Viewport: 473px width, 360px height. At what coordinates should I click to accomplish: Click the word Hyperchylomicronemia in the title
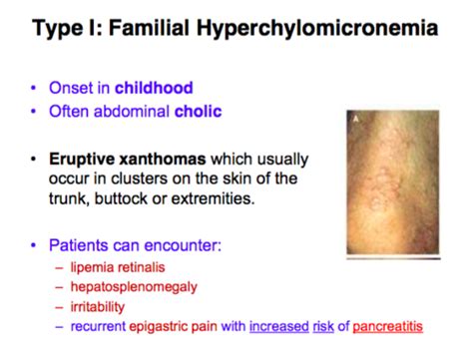(x=317, y=29)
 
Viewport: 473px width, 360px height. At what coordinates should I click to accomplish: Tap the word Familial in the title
(x=149, y=27)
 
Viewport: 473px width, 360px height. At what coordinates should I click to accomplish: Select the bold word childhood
(x=154, y=88)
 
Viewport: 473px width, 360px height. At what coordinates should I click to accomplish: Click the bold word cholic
(x=199, y=111)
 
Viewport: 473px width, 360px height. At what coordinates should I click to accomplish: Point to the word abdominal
(x=132, y=111)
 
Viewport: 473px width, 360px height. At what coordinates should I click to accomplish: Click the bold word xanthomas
(x=163, y=159)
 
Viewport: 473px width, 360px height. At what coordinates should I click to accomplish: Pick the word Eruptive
(x=82, y=160)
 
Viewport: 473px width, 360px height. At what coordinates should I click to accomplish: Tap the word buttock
(x=121, y=198)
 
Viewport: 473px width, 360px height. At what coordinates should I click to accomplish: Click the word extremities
(x=213, y=198)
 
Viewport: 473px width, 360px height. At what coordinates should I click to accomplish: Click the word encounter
(x=183, y=245)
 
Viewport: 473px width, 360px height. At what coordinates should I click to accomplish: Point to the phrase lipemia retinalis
(x=118, y=267)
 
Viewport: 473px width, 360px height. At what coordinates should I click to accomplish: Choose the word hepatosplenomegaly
(x=134, y=287)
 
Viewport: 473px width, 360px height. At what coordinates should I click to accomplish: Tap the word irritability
(x=98, y=307)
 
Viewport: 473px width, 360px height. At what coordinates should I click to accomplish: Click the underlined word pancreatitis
(x=387, y=327)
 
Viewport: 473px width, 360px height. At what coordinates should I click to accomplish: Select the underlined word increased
(x=279, y=326)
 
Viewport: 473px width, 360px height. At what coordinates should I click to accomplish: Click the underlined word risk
(x=323, y=326)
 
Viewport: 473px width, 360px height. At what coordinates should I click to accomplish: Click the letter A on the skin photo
(x=356, y=119)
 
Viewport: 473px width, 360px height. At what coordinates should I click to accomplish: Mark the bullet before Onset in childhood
(x=33, y=88)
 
